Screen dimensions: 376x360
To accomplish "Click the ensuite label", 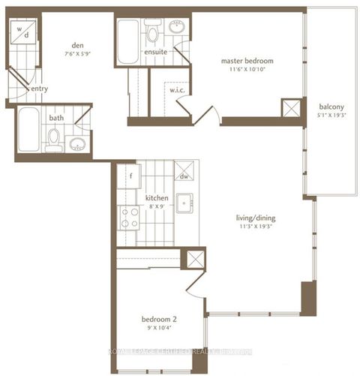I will (x=155, y=53).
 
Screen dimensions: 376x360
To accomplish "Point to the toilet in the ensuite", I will (x=153, y=33).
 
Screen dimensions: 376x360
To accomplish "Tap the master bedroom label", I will (x=245, y=61).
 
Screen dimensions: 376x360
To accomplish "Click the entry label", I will (x=39, y=89).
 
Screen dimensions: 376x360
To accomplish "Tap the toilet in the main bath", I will (x=53, y=137).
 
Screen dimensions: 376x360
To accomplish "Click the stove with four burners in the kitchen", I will (x=129, y=217).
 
